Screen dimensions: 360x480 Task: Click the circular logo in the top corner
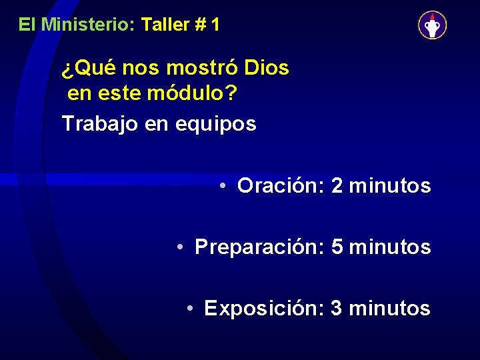(432, 25)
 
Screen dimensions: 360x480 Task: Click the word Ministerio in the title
(88, 25)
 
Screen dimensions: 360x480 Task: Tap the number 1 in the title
(215, 25)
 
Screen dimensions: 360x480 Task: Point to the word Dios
(267, 68)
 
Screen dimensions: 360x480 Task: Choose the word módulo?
(192, 94)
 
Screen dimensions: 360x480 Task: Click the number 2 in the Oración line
(337, 186)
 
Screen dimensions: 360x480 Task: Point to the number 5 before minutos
(337, 247)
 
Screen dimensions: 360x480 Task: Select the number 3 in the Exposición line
(337, 309)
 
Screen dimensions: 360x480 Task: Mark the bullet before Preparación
(181, 247)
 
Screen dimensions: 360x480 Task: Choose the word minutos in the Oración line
(390, 186)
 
